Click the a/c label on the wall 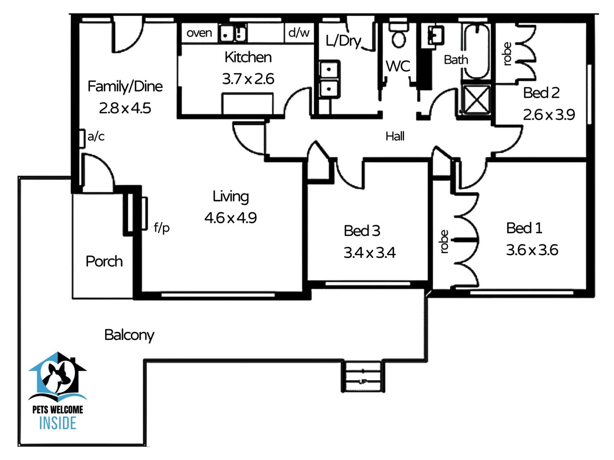(x=96, y=136)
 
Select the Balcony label (x=129, y=335)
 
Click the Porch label (x=104, y=261)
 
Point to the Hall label (x=395, y=136)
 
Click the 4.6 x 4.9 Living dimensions (x=230, y=218)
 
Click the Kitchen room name (x=248, y=57)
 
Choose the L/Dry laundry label (x=343, y=41)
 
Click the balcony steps (x=363, y=377)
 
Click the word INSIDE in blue (x=58, y=423)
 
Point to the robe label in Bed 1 (x=444, y=241)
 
